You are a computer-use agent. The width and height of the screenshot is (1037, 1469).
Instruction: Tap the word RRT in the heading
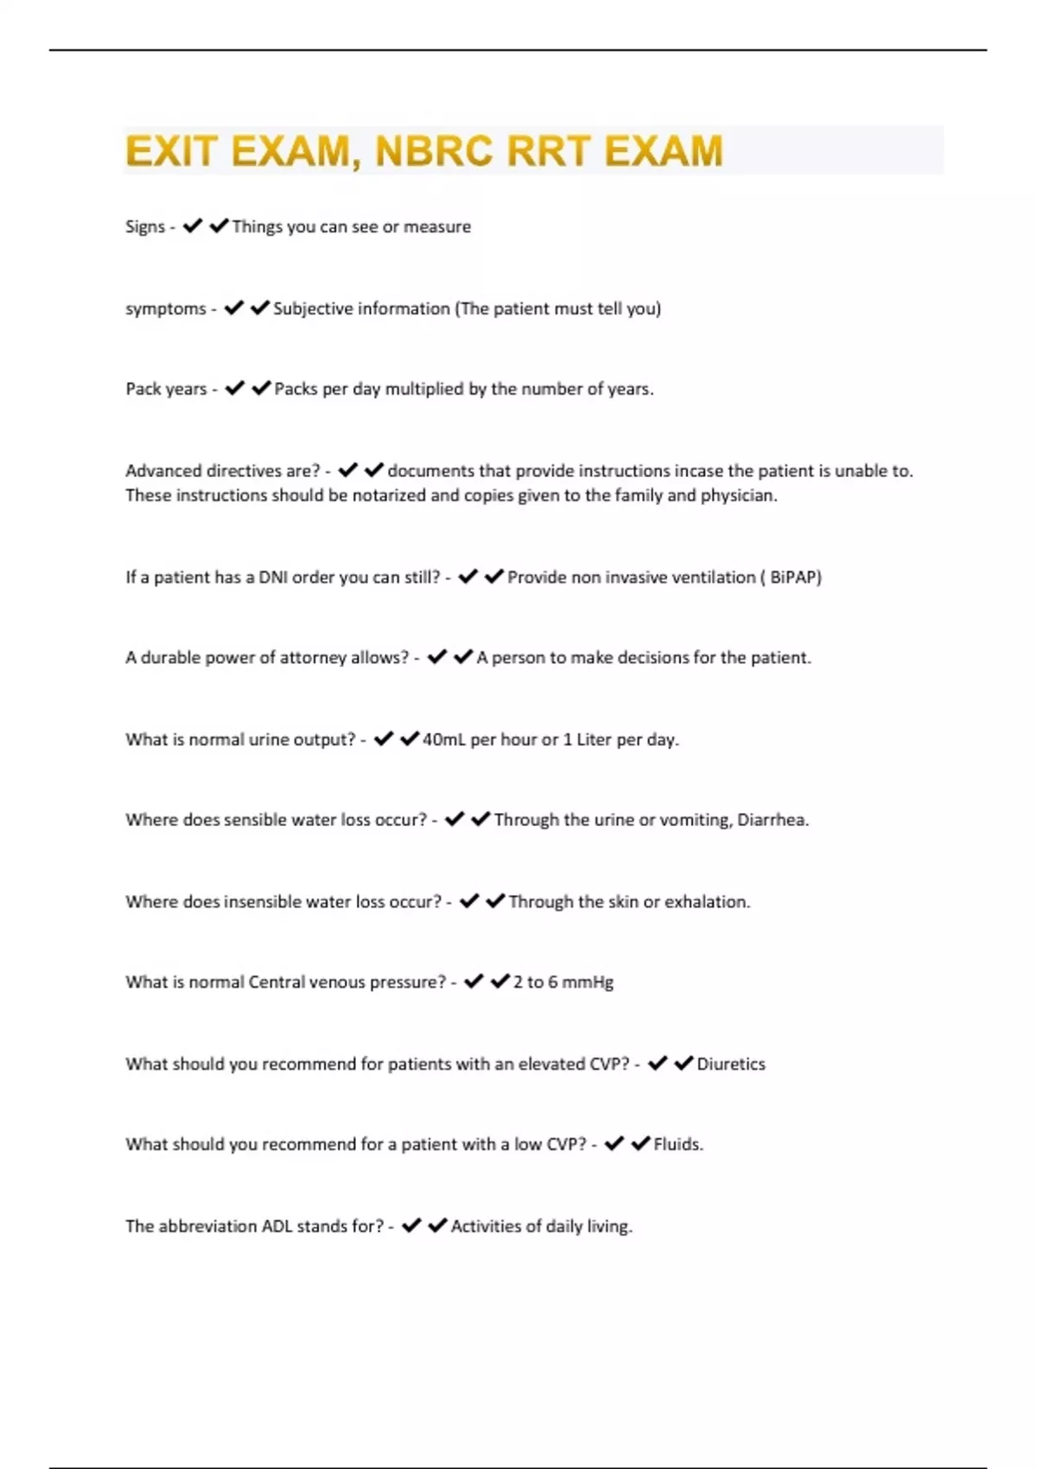coord(550,151)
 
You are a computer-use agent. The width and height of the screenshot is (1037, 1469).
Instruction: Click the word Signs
coord(144,226)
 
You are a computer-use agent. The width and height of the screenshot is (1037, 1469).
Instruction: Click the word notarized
coord(389,495)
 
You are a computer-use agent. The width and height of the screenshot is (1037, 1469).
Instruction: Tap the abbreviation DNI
coord(273,577)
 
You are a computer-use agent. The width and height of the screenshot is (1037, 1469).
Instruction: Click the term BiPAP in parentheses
coord(793,577)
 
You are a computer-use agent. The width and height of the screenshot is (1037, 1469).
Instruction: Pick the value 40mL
coord(443,740)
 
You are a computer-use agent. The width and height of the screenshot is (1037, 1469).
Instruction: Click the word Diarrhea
coord(771,820)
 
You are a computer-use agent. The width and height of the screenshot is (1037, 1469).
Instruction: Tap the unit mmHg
coord(588,983)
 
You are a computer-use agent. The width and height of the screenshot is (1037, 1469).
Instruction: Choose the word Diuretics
coord(731,1064)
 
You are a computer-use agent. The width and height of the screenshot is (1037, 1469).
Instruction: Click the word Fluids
coord(677,1145)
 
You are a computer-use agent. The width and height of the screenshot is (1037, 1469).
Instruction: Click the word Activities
coord(490,1226)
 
